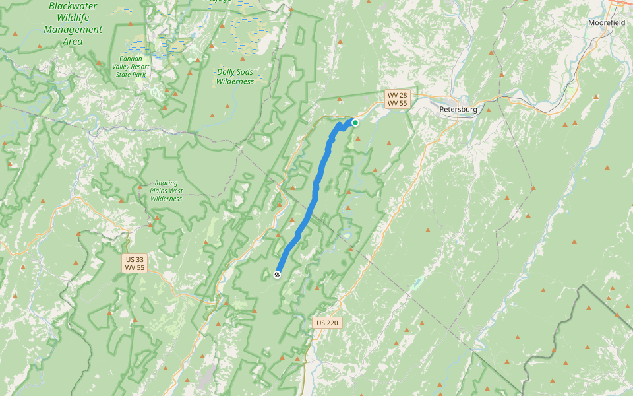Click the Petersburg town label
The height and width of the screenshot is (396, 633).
458,109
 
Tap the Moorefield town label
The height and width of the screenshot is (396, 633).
607,22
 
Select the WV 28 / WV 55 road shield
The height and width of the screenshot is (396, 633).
398,99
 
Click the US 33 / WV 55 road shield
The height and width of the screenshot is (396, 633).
135,263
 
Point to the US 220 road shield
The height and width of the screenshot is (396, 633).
327,323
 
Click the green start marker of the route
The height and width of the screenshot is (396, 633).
355,122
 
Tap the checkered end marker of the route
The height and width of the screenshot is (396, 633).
277,274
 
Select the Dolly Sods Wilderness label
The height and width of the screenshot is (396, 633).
235,77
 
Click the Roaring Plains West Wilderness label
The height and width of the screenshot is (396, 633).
166,191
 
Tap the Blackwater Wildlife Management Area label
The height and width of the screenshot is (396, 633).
73,24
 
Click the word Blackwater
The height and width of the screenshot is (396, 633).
73,6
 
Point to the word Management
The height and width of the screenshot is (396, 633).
73,30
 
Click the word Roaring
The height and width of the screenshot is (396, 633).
166,183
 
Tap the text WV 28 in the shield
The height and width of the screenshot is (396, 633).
398,95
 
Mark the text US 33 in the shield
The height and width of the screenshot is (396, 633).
135,259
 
